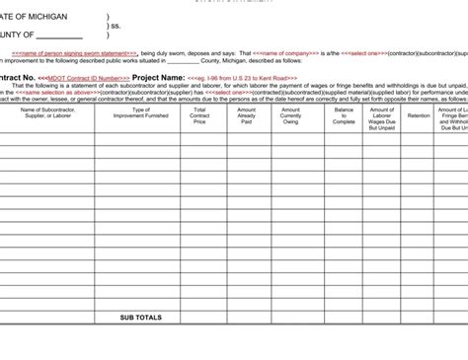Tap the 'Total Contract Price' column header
[200, 115]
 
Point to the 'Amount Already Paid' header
[246, 115]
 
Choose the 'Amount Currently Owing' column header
[290, 115]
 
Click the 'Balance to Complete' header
[344, 115]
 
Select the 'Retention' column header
[419, 115]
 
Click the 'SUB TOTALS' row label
[140, 318]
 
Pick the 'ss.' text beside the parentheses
[117, 26]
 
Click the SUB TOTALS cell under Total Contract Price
[200, 318]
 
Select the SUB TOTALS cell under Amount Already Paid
[246, 318]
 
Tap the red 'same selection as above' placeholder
[58, 92]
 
